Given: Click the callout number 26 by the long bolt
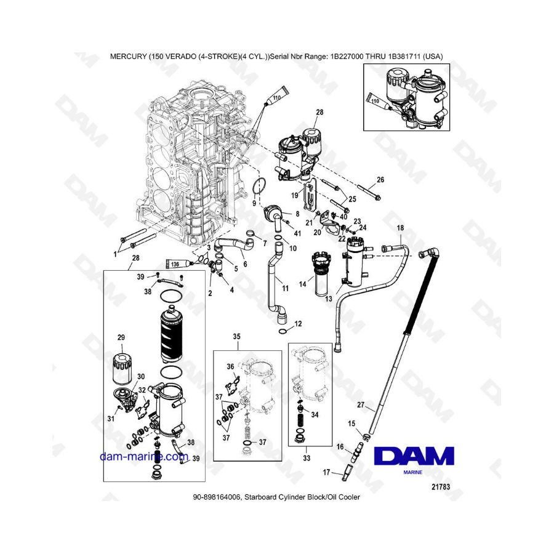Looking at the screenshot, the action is tap(380, 180).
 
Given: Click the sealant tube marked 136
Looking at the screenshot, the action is tap(180, 263).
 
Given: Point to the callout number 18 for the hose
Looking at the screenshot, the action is tap(400, 228).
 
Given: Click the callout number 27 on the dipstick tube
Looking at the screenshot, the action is tap(360, 404).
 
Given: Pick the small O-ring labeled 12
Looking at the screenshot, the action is tap(283, 331).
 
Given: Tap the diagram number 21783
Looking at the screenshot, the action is tap(441, 487).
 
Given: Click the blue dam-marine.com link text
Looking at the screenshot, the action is tap(144, 457).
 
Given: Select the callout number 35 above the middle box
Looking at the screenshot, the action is tap(236, 336).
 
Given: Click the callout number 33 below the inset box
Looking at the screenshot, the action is tap(307, 458).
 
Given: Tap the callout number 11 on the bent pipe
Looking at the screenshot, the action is tap(285, 288).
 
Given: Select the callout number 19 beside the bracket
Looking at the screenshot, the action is tap(294, 195).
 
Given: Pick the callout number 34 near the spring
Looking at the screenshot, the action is tap(315, 414).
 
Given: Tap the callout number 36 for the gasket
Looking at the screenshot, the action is tap(230, 366).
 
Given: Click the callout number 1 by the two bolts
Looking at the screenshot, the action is tap(115, 254).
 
